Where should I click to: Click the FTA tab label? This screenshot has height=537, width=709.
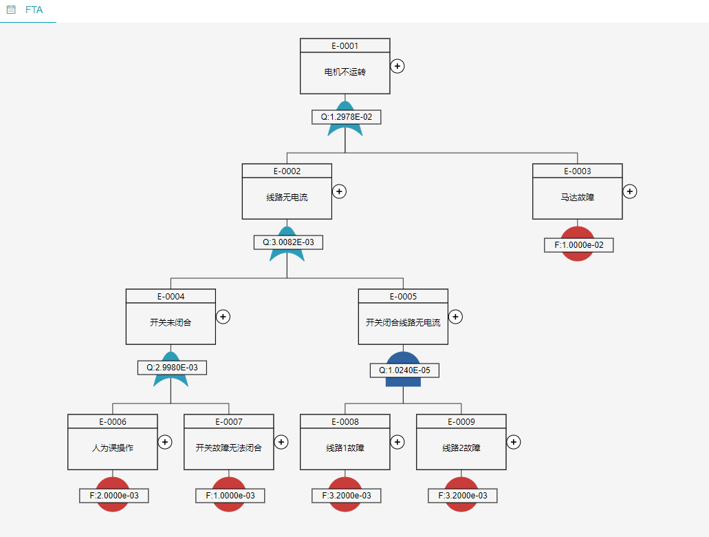click(34, 10)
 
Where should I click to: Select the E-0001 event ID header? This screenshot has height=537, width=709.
click(345, 45)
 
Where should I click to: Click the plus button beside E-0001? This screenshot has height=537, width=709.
click(397, 66)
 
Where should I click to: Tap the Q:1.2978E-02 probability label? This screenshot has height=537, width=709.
click(347, 117)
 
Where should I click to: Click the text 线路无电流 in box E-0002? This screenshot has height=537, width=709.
click(287, 198)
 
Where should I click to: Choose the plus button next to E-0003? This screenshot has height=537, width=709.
click(630, 191)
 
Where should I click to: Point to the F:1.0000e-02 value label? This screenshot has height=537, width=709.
click(579, 245)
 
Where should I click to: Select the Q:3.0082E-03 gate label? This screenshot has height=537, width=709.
click(289, 242)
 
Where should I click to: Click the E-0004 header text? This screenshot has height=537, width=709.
click(171, 297)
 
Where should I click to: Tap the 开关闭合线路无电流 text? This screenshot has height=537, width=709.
click(404, 322)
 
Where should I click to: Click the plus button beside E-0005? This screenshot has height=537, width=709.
click(455, 317)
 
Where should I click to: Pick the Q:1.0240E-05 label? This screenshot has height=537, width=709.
click(404, 370)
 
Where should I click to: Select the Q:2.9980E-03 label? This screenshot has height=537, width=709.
click(173, 368)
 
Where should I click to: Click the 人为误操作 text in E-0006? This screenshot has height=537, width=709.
click(113, 447)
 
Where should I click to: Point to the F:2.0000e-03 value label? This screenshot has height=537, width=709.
click(114, 496)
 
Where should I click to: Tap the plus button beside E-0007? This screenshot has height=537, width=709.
click(281, 442)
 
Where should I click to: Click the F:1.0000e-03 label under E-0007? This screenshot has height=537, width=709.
click(230, 496)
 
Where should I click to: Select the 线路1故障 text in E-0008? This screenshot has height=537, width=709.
click(345, 447)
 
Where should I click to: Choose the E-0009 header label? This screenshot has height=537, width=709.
click(461, 422)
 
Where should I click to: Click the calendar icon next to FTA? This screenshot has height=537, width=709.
click(11, 10)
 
